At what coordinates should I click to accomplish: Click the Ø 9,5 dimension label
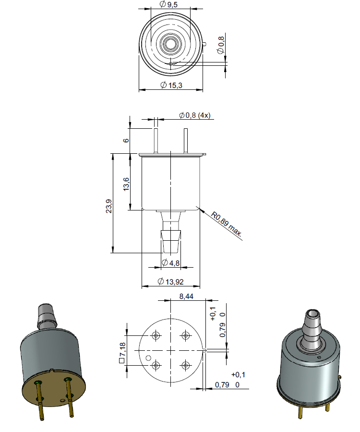(x=168, y=4)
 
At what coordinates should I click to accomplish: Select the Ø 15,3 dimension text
(x=171, y=85)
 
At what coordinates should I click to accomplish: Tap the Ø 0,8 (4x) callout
(x=194, y=115)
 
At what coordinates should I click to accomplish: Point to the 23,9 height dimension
(x=109, y=206)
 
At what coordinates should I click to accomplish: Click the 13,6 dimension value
(x=126, y=184)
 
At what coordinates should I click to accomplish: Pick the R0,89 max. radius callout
(x=226, y=224)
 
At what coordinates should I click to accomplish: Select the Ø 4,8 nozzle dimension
(x=171, y=262)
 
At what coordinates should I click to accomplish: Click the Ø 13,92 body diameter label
(x=171, y=281)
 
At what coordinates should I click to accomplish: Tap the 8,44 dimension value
(x=186, y=296)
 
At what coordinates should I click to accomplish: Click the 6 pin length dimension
(x=126, y=140)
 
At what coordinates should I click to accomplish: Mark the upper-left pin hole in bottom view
(x=156, y=335)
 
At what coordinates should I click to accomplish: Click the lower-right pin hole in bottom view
(x=185, y=365)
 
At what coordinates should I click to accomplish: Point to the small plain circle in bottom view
(x=148, y=358)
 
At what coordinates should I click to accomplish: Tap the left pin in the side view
(x=156, y=140)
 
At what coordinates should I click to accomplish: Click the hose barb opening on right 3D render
(x=313, y=314)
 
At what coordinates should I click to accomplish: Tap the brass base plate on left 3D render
(x=54, y=388)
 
